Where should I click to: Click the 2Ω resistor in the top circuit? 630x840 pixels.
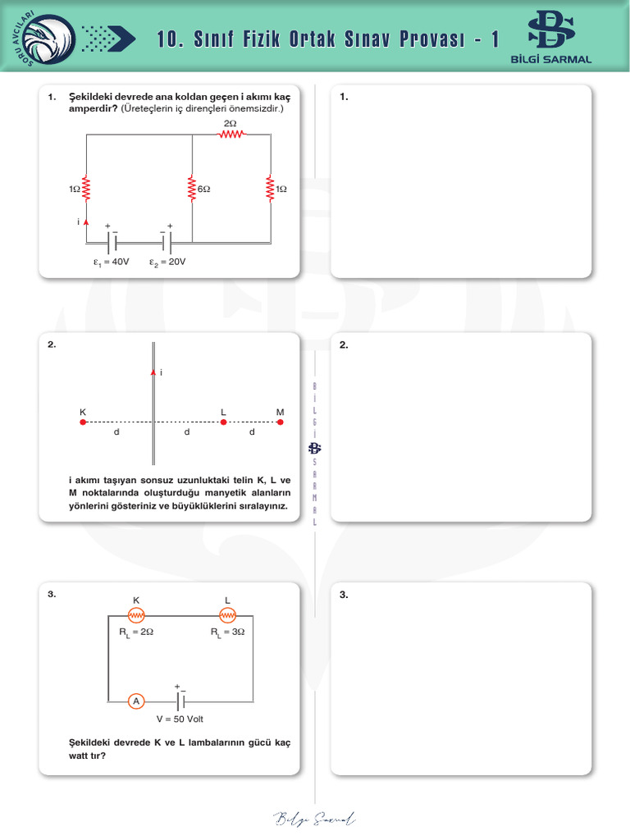click(x=231, y=135)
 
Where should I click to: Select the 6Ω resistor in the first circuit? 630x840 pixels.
click(x=191, y=189)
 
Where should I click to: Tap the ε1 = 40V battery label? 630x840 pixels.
click(x=112, y=262)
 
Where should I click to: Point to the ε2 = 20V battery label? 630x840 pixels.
click(x=167, y=262)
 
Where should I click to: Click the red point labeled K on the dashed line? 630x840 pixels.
click(x=83, y=422)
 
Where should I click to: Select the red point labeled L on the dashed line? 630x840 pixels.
click(x=223, y=422)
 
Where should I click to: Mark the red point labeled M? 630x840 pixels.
click(x=281, y=422)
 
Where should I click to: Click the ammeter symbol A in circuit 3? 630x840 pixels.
click(x=137, y=701)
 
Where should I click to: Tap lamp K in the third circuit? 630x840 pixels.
click(x=137, y=615)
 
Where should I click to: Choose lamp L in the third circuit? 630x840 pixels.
click(x=227, y=615)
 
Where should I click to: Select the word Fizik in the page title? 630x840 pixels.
click(x=261, y=39)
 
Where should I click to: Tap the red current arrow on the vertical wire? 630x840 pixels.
click(x=153, y=372)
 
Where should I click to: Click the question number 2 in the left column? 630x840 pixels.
click(x=52, y=345)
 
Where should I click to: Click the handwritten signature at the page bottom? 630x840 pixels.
click(x=315, y=818)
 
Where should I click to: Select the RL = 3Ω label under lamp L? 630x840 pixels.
click(x=227, y=632)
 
